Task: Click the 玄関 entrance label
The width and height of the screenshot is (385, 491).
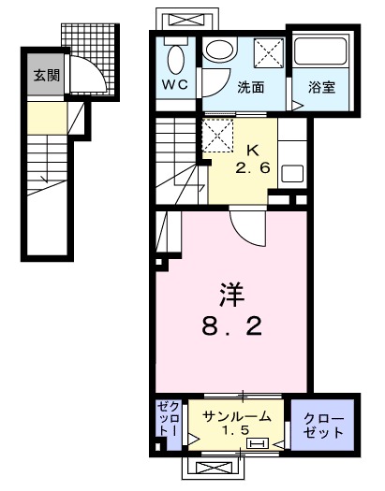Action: (45, 75)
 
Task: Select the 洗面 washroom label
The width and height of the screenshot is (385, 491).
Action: (250, 88)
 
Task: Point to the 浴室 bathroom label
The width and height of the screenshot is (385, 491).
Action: (322, 88)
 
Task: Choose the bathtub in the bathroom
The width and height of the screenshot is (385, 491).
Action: (321, 53)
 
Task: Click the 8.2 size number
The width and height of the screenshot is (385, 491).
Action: (232, 327)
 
